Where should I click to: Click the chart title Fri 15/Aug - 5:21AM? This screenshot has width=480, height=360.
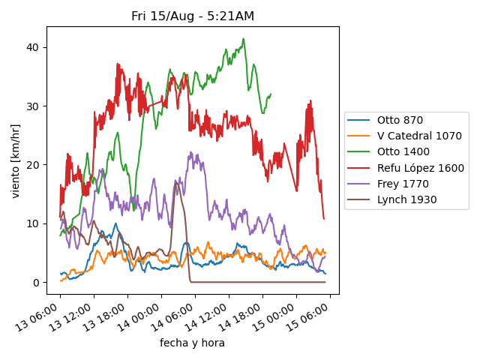coord(193,16)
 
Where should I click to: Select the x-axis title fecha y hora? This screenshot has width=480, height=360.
coord(192,343)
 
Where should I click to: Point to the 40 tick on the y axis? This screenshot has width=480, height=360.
coord(33,47)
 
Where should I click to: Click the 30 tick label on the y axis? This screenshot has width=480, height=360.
coord(33,106)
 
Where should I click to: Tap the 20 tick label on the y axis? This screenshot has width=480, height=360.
coord(33,165)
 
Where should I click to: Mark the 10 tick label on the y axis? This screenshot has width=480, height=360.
coord(33,223)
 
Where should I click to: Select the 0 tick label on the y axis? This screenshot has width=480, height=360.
coord(36,283)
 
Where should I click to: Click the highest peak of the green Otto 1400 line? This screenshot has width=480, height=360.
coord(243,39)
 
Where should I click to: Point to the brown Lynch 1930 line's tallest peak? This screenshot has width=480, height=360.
coord(176,181)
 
